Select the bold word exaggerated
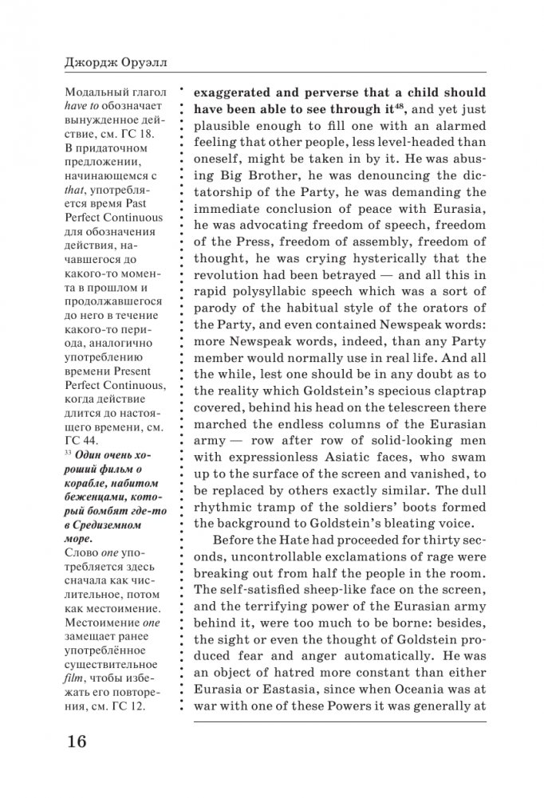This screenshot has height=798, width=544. (241, 91)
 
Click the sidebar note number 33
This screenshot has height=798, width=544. (66, 453)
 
